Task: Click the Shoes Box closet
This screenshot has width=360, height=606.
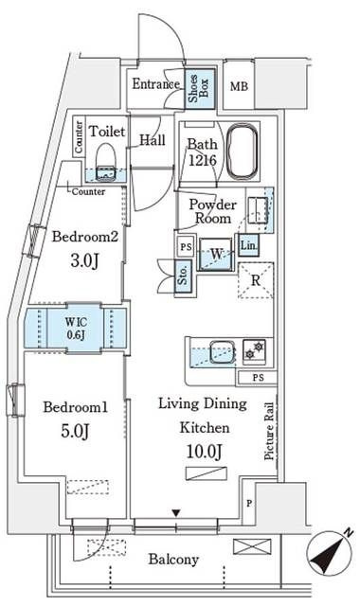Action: pyautogui.click(x=200, y=88)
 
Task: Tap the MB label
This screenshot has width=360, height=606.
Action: pyautogui.click(x=239, y=86)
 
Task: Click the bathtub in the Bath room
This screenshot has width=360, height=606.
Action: pyautogui.click(x=243, y=151)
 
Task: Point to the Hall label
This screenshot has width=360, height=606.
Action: pyautogui.click(x=153, y=140)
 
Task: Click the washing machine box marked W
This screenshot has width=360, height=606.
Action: pyautogui.click(x=216, y=254)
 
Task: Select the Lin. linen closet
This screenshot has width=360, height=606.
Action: pyautogui.click(x=248, y=245)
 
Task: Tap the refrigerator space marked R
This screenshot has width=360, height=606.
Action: pyautogui.click(x=256, y=280)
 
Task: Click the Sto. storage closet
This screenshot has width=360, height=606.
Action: pyautogui.click(x=184, y=274)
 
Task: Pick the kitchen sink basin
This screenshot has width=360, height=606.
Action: pyautogui.click(x=222, y=351)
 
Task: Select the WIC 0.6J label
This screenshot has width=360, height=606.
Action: pyautogui.click(x=76, y=329)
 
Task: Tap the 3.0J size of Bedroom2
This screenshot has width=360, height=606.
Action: pyautogui.click(x=84, y=261)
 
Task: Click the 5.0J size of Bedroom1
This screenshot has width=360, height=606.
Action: pyautogui.click(x=76, y=431)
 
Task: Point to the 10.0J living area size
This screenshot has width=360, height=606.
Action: pyautogui.click(x=205, y=451)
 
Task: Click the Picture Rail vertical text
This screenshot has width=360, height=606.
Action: pyautogui.click(x=269, y=431)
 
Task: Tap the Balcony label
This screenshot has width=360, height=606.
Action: pyautogui.click(x=173, y=560)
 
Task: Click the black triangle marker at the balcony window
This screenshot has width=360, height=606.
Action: pyautogui.click(x=176, y=513)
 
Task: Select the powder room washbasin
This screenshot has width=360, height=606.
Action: pyautogui.click(x=258, y=210)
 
